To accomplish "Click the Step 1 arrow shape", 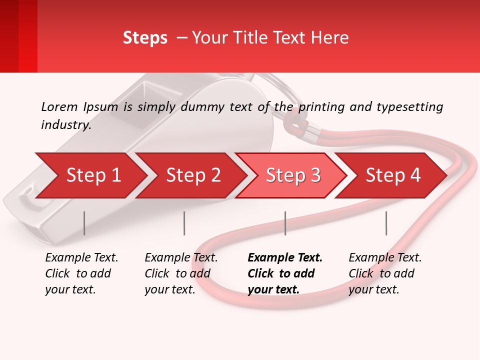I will point(93,175).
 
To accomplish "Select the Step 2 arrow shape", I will point(193,175).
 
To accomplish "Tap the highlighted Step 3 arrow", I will point(293,175).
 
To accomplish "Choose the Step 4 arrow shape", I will point(393,175).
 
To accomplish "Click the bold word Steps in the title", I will point(145,38).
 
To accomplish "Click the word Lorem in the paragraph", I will point(59,106).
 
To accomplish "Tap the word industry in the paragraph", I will point(66,124).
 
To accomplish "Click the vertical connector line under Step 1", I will point(84,223).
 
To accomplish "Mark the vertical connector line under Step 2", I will point(184,223).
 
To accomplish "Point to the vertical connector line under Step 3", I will point(285,223).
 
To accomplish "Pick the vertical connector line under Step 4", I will point(386,223).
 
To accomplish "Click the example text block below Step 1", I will point(81,273).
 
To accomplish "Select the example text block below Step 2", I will point(181,273).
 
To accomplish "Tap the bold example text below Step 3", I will point(285,273).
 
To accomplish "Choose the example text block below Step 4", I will point(385,273).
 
